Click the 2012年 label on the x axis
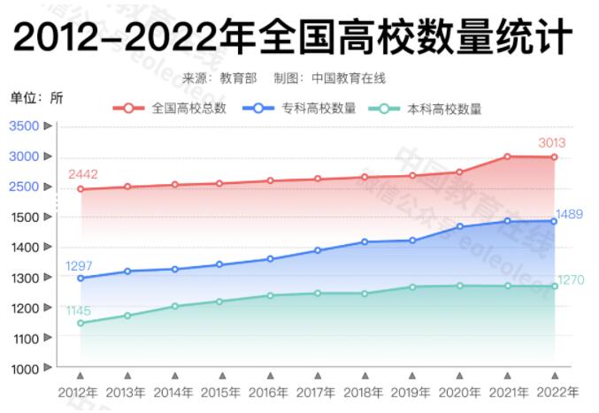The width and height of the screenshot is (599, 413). point(80,392)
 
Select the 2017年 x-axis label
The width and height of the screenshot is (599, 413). point(317,392)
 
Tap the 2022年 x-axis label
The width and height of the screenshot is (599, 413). point(555,392)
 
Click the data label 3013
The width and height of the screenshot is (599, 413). point(552,142)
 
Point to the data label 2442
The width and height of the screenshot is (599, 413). point(82,174)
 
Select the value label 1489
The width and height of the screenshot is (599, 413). point(570,214)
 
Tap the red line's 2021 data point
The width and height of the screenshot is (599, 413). point(508,157)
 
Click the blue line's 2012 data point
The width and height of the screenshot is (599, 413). point(81,278)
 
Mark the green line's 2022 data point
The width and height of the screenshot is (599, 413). point(555,286)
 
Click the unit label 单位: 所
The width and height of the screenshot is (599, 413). point(36,97)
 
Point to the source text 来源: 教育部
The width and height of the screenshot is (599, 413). point(219,78)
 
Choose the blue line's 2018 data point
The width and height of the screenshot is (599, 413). point(365,241)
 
